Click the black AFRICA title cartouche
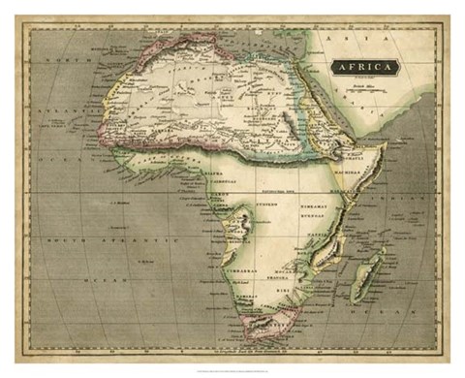(x=365, y=67)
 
